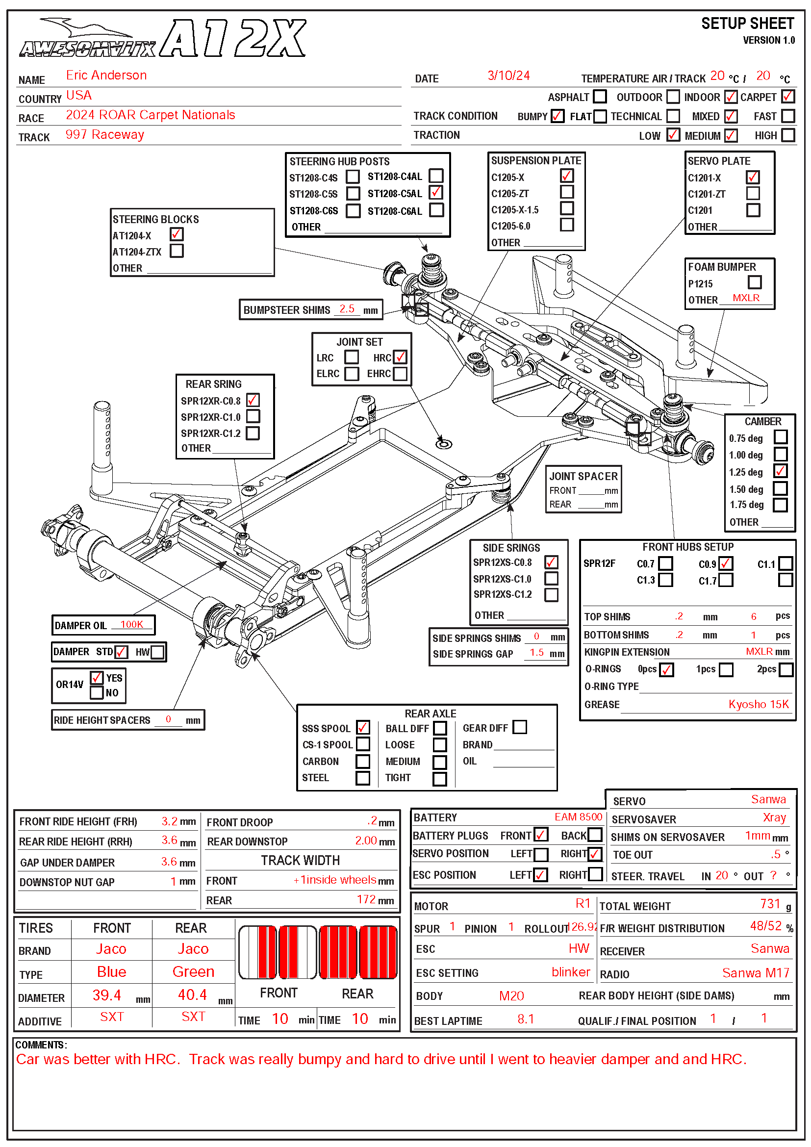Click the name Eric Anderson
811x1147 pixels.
(x=106, y=76)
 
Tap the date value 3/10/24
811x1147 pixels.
(x=508, y=76)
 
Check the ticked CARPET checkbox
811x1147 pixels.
(x=787, y=96)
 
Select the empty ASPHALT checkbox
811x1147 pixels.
(x=600, y=96)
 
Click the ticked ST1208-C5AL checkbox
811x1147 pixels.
(x=435, y=192)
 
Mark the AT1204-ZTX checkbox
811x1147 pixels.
(x=177, y=250)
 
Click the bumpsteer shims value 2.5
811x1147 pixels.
(x=347, y=309)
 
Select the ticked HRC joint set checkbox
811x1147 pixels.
(x=400, y=357)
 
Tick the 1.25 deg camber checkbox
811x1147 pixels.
(x=780, y=471)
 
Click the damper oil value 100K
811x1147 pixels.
(x=132, y=624)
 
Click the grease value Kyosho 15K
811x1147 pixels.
(x=758, y=704)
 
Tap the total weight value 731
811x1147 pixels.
(x=769, y=904)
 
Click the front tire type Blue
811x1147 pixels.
(x=111, y=971)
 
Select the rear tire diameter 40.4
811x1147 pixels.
(x=192, y=994)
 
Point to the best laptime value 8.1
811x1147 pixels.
(x=525, y=1019)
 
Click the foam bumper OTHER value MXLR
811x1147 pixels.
(x=746, y=298)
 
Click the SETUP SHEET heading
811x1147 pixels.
(x=747, y=24)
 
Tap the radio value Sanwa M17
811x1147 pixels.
(x=756, y=972)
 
